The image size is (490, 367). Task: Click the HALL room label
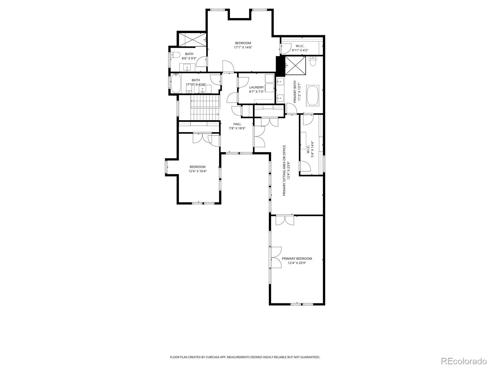[237, 124]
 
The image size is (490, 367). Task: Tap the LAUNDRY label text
[257, 87]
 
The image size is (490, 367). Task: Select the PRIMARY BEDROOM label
[297, 258]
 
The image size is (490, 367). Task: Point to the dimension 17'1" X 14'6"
[243, 47]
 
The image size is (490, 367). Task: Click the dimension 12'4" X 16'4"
[198, 171]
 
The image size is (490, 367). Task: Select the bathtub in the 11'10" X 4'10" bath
[176, 83]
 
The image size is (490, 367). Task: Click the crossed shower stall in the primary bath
[295, 65]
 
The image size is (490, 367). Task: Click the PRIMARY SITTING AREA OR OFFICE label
[284, 171]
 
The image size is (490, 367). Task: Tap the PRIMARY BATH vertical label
[295, 91]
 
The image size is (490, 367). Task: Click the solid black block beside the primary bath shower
[281, 65]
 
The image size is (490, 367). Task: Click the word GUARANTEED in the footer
[311, 357]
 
